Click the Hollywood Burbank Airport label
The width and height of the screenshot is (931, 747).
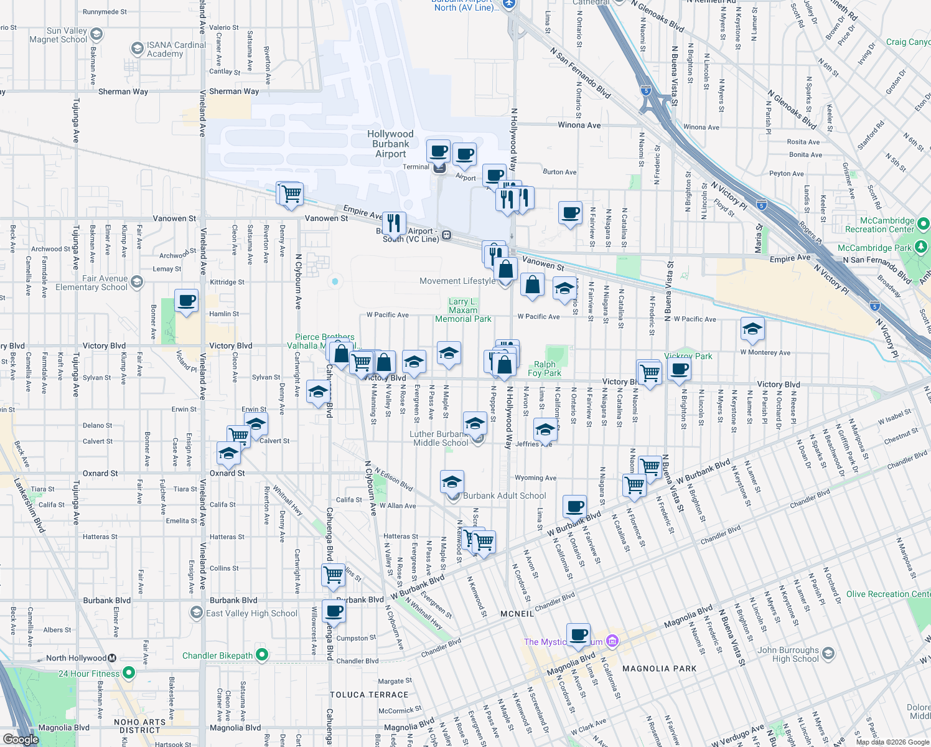click(390, 144)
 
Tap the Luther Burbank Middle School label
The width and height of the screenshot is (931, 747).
click(441, 438)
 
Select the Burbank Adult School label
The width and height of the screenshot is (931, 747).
click(504, 496)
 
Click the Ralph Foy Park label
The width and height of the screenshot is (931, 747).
click(545, 369)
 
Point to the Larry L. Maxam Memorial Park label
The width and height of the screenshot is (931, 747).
click(463, 310)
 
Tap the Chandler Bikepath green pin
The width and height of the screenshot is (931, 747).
click(262, 655)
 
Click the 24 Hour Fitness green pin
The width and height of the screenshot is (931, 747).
click(129, 673)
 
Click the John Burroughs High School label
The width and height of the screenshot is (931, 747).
click(787, 654)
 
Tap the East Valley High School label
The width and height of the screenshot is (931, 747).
click(251, 613)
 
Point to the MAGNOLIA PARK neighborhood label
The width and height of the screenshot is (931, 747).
click(659, 669)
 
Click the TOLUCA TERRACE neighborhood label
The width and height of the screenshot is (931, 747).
click(369, 695)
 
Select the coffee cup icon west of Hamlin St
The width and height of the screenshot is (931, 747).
click(186, 301)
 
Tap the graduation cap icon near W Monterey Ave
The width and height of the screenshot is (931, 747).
click(752, 329)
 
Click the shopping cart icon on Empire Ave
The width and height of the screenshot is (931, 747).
click(291, 194)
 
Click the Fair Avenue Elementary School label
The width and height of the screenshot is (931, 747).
click(91, 283)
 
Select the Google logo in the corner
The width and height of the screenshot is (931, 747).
click(21, 739)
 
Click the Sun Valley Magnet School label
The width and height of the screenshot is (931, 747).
click(58, 35)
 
